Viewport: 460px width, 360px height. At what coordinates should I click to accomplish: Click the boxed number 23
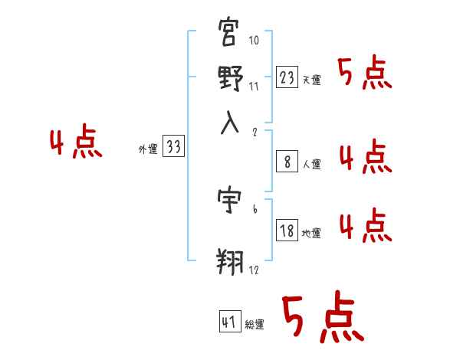click(287, 78)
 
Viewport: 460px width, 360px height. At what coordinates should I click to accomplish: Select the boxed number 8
click(287, 162)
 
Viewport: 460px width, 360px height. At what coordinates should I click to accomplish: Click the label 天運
click(311, 80)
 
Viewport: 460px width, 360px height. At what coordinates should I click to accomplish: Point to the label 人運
click(311, 163)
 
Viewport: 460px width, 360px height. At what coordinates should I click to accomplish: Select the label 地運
click(311, 232)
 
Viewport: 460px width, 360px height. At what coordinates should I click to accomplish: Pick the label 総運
click(255, 323)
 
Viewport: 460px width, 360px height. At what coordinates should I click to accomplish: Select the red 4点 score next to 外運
click(76, 143)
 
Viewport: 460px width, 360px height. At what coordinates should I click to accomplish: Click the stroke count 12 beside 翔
click(252, 270)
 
